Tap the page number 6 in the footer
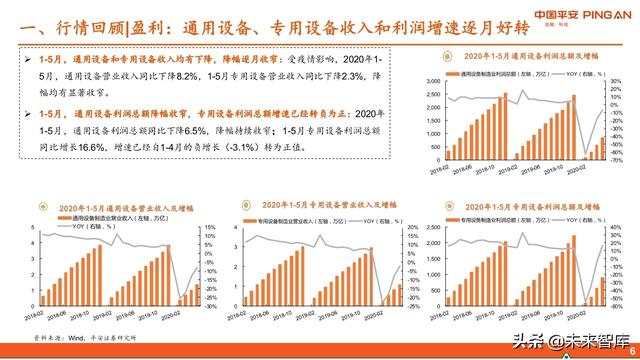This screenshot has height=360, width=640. [631, 346]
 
